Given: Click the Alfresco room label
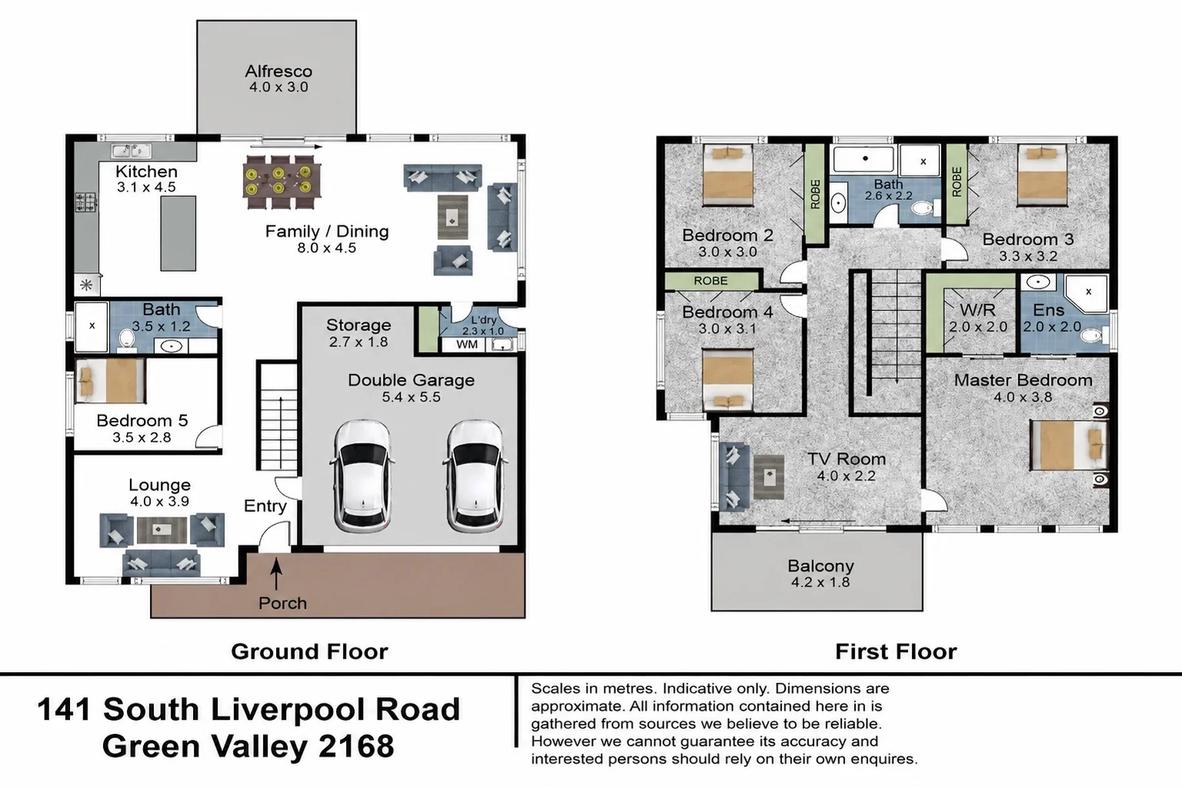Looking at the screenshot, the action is pyautogui.click(x=278, y=72).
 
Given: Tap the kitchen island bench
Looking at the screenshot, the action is pyautogui.click(x=178, y=233).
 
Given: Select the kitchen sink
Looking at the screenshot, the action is pyautogui.click(x=132, y=151).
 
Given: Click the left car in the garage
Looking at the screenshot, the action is pyautogui.click(x=362, y=475).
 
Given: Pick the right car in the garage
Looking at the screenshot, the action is pyautogui.click(x=475, y=475).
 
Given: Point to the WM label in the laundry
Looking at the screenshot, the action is pyautogui.click(x=467, y=345).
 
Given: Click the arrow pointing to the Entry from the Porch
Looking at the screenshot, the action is pyautogui.click(x=276, y=573).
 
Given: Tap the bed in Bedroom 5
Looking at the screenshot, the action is pyautogui.click(x=110, y=381).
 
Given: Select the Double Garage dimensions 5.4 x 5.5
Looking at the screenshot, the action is pyautogui.click(x=411, y=397).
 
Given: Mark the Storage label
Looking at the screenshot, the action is pyautogui.click(x=359, y=325).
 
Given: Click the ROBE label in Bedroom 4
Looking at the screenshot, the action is pyautogui.click(x=711, y=281).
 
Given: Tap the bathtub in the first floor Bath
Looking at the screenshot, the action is pyautogui.click(x=864, y=159).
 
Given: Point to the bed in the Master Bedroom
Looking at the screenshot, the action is pyautogui.click(x=1069, y=445).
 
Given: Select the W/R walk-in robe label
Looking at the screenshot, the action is pyautogui.click(x=977, y=309).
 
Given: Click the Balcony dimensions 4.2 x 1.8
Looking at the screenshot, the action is pyautogui.click(x=821, y=582).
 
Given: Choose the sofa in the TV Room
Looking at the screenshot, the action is pyautogui.click(x=734, y=477).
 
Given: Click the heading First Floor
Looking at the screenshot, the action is pyautogui.click(x=896, y=652).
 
